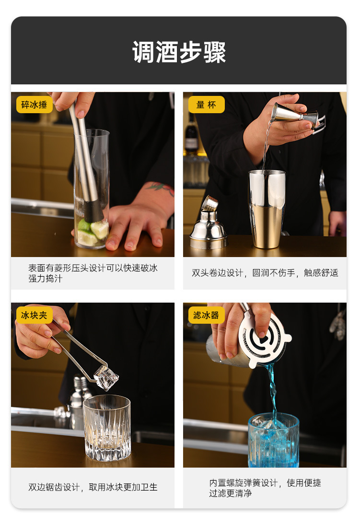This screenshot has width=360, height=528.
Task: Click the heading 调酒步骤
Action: point(179,52)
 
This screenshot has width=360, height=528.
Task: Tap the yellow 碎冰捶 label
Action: point(35,105)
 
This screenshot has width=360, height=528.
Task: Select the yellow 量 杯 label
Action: point(206,105)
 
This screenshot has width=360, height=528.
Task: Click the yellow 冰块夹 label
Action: point(35,315)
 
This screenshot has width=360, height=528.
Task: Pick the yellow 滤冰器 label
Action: point(206,315)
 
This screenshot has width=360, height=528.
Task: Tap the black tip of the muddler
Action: point(93,211)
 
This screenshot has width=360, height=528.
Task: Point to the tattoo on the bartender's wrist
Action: point(161,188)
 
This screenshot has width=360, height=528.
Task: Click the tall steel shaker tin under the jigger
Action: point(267,209)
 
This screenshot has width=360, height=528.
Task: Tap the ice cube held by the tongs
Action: point(106,377)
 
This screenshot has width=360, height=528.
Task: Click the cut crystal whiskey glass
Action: point(106,427)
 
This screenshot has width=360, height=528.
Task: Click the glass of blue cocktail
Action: point(273,440)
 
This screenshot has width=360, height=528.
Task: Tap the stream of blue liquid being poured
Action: point(273,388)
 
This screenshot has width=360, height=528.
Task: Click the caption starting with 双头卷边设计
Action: point(265,273)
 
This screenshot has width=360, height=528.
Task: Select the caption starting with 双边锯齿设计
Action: point(93,487)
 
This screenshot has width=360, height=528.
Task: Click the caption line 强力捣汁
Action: point(45,279)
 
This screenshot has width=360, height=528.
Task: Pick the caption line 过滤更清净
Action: point(230,493)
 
